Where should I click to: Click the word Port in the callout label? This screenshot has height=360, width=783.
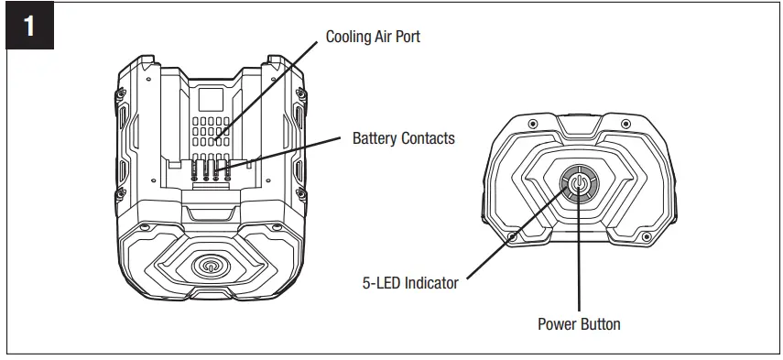[407, 38]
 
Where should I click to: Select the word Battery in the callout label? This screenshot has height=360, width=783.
[375, 139]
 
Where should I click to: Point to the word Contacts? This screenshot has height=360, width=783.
[427, 139]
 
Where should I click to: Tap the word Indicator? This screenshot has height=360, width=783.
[430, 283]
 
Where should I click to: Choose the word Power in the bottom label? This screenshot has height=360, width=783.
[558, 324]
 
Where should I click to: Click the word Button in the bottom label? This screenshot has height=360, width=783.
[601, 324]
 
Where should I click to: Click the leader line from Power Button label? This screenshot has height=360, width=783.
[579, 266]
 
